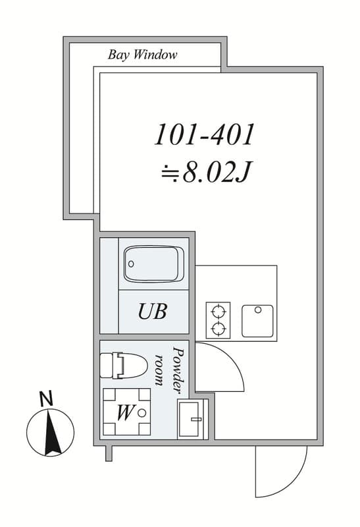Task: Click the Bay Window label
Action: (x=142, y=55)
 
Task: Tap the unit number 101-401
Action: (x=204, y=134)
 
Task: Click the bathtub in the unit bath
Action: (x=154, y=264)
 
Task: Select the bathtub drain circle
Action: (x=131, y=264)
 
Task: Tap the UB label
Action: (x=153, y=312)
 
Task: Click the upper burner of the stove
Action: (x=218, y=311)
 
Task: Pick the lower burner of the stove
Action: (x=218, y=328)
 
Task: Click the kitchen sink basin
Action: (x=257, y=321)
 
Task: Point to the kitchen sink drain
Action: (x=258, y=310)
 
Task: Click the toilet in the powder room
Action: (x=124, y=366)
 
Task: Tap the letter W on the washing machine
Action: (x=124, y=412)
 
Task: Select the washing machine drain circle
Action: (x=141, y=413)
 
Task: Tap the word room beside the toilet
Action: (x=160, y=370)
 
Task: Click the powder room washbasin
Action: (x=191, y=419)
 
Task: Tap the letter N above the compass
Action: (x=46, y=399)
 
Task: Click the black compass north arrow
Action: (x=51, y=433)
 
